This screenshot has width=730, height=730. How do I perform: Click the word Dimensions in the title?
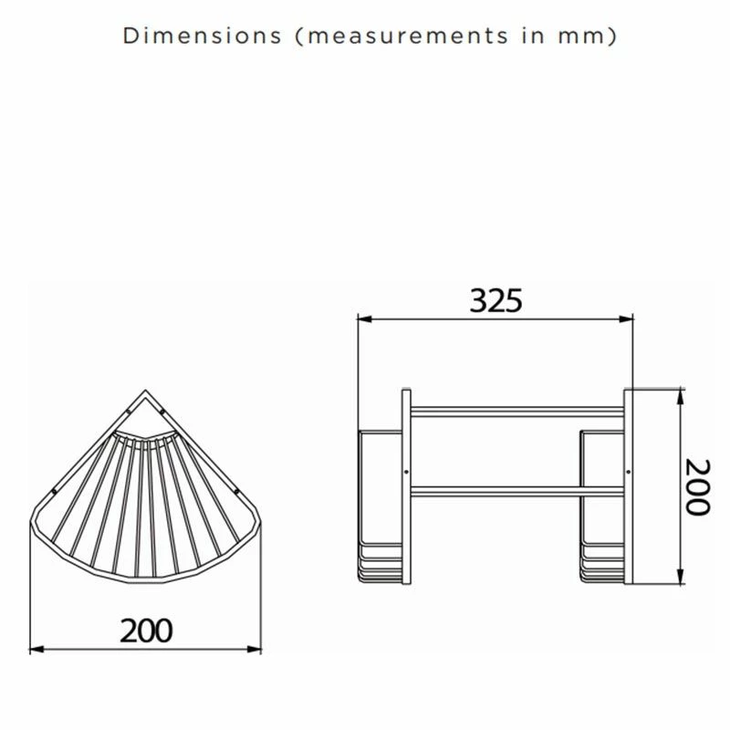(x=202, y=36)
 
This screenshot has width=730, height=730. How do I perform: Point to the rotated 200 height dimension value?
(x=697, y=487)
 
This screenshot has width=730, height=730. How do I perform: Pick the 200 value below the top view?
(x=146, y=630)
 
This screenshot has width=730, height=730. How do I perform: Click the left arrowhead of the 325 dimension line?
(x=361, y=319)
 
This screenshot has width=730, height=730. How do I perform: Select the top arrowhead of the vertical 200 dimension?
(x=680, y=393)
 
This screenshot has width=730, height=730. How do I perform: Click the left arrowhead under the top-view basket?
(x=35, y=649)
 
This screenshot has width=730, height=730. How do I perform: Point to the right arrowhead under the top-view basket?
(x=256, y=649)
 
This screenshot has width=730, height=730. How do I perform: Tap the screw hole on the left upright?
(x=406, y=471)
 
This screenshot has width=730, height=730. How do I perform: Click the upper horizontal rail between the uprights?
(x=516, y=410)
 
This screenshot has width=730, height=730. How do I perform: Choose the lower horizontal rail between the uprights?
(x=516, y=490)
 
